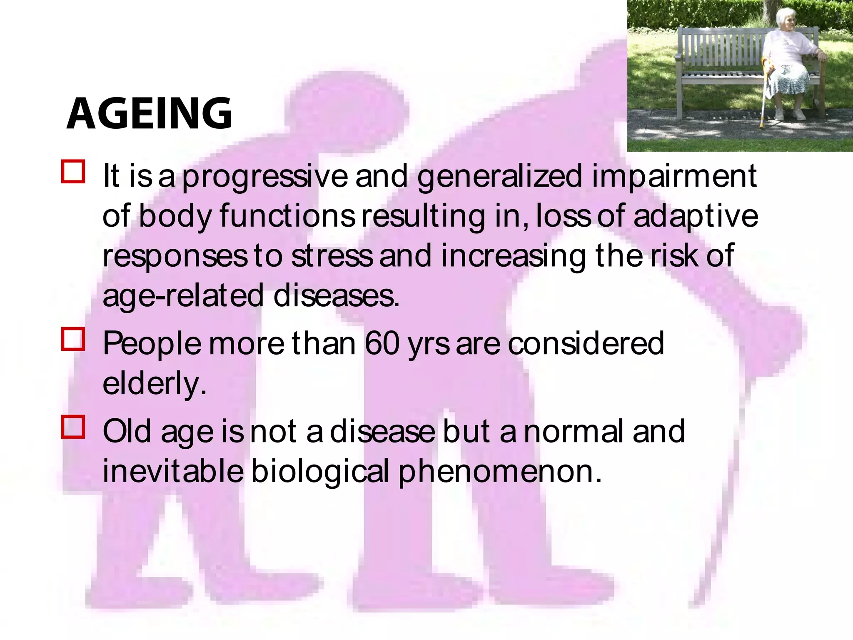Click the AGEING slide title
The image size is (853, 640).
(149, 113)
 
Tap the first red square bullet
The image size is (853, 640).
(73, 172)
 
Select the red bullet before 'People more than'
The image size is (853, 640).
(73, 339)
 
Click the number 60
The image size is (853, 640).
(382, 344)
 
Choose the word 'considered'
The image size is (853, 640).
(586, 344)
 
